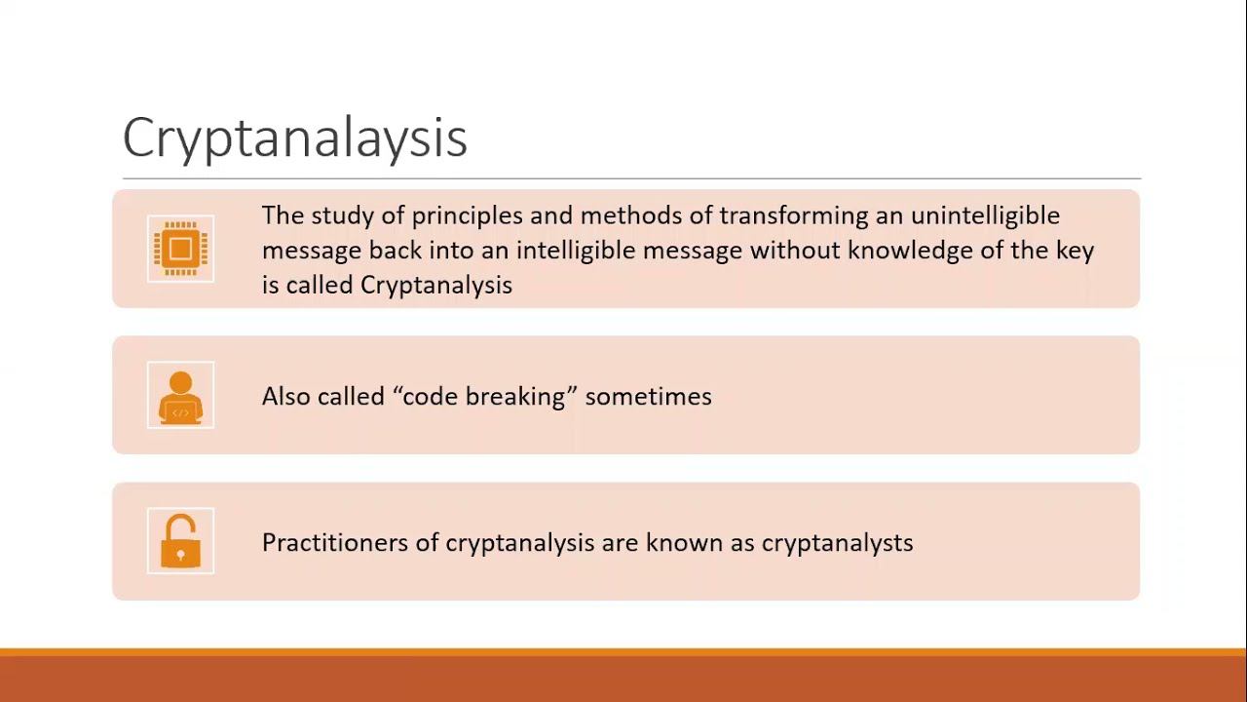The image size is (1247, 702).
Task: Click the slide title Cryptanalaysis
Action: click(x=294, y=137)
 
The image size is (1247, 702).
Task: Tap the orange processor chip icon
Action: click(x=180, y=249)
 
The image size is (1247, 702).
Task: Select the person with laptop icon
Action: click(x=180, y=395)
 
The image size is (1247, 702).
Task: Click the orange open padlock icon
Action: click(x=180, y=541)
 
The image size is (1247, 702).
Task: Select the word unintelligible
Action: click(x=985, y=216)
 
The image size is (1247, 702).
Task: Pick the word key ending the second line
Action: click(x=1075, y=252)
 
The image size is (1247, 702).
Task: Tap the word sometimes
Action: click(x=648, y=397)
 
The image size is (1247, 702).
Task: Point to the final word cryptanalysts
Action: click(x=837, y=543)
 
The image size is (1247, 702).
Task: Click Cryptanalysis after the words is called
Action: click(x=435, y=286)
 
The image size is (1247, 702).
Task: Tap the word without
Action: click(x=794, y=251)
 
